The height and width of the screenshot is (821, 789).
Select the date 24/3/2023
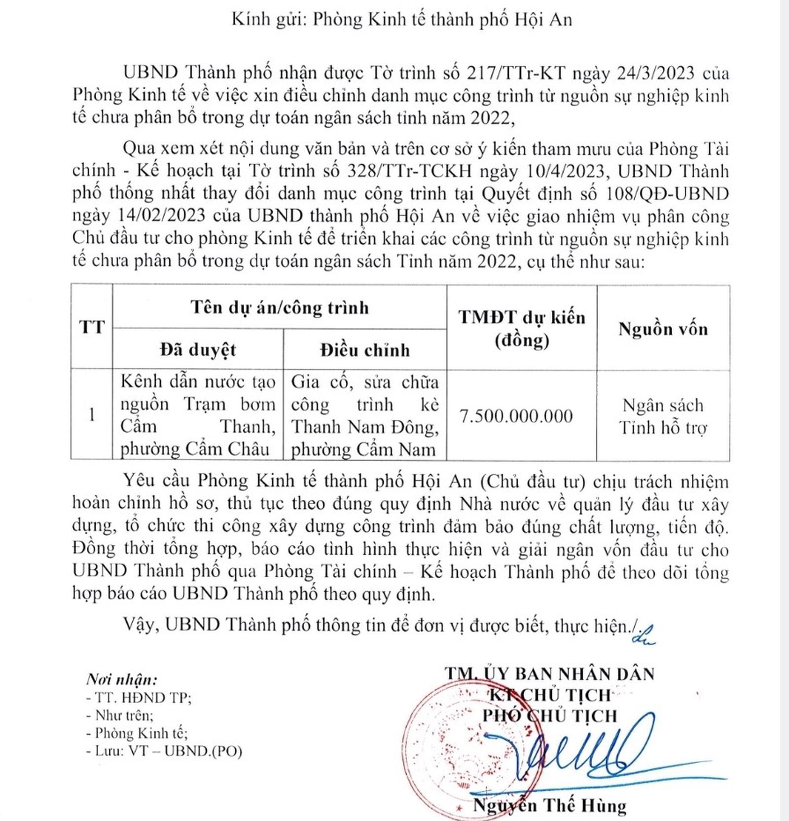pos(655,73)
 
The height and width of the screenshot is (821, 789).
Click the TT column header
pos(92,327)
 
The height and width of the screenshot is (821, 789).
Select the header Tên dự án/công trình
pos(280,307)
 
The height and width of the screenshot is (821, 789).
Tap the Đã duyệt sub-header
pos(198,350)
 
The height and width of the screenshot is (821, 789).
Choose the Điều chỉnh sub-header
pos(365,350)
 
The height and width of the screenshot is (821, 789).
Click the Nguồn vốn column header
pos(663,329)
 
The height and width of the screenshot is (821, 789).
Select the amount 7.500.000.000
pos(516,416)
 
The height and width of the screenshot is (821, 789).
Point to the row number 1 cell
pos(92,415)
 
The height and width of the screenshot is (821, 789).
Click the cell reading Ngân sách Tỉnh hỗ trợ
pos(663,416)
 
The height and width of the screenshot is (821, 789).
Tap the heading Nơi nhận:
pos(121,679)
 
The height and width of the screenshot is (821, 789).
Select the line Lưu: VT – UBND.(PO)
pos(164,751)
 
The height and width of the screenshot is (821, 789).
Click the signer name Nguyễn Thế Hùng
pos(549,806)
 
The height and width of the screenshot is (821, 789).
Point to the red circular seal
pos(459,740)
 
